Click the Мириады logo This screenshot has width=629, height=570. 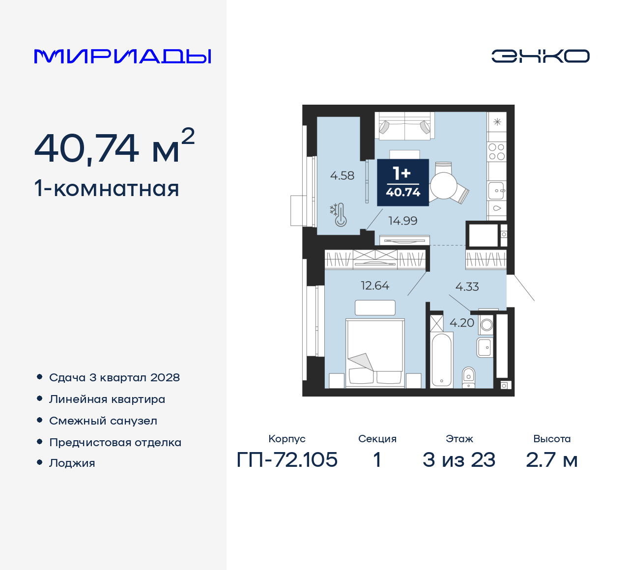click(122, 57)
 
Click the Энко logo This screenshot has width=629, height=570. click(540, 56)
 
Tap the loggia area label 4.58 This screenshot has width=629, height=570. click(342, 175)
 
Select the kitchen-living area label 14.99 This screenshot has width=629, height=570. click(402, 221)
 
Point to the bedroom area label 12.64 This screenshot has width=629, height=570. click(374, 285)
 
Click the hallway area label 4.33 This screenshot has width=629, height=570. click(467, 286)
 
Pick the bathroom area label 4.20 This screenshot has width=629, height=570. click(462, 323)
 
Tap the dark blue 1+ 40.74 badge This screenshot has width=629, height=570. click(403, 182)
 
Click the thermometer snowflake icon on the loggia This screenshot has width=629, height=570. click(339, 215)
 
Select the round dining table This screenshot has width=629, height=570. click(444, 186)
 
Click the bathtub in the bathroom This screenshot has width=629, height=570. click(441, 360)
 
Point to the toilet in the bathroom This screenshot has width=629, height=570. click(469, 377)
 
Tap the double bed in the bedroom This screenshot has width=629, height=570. click(375, 351)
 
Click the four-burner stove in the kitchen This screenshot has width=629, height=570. click(496, 152)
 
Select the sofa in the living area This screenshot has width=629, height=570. click(404, 125)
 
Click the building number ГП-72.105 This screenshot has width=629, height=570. click(287, 460)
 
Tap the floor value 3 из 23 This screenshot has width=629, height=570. click(459, 460)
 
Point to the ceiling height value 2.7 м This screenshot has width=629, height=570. click(551, 460)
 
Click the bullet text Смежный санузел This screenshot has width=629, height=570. click(103, 421)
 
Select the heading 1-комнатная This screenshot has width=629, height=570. click(107, 189)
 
